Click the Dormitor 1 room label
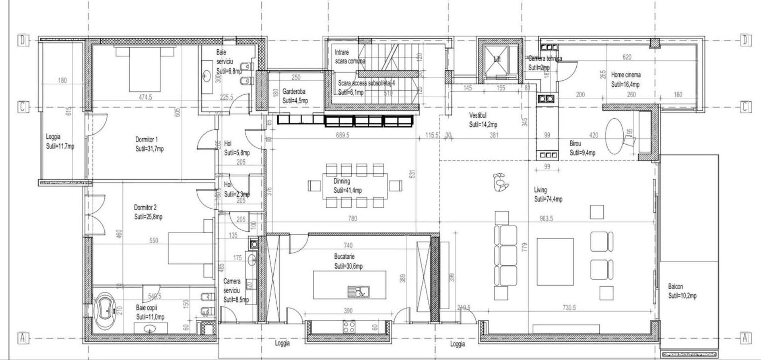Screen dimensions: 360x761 point(147,140)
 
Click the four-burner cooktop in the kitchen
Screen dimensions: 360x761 point(349,327)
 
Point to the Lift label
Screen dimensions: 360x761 point(497,59)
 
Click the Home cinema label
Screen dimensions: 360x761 point(626,75)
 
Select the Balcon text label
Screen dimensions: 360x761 point(675,286)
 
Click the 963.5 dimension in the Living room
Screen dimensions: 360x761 point(546,219)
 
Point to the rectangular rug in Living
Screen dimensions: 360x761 point(555,262)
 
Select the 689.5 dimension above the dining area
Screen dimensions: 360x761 point(342,135)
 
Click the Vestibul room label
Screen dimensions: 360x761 point(478,115)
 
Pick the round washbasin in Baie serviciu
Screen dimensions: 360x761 point(207,74)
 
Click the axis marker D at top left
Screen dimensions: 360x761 point(23,41)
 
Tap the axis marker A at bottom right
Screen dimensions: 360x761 point(745,338)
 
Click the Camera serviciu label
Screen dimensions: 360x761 point(232,286)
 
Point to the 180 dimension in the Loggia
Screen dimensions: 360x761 point(62,81)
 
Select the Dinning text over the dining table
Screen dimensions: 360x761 point(342,181)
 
